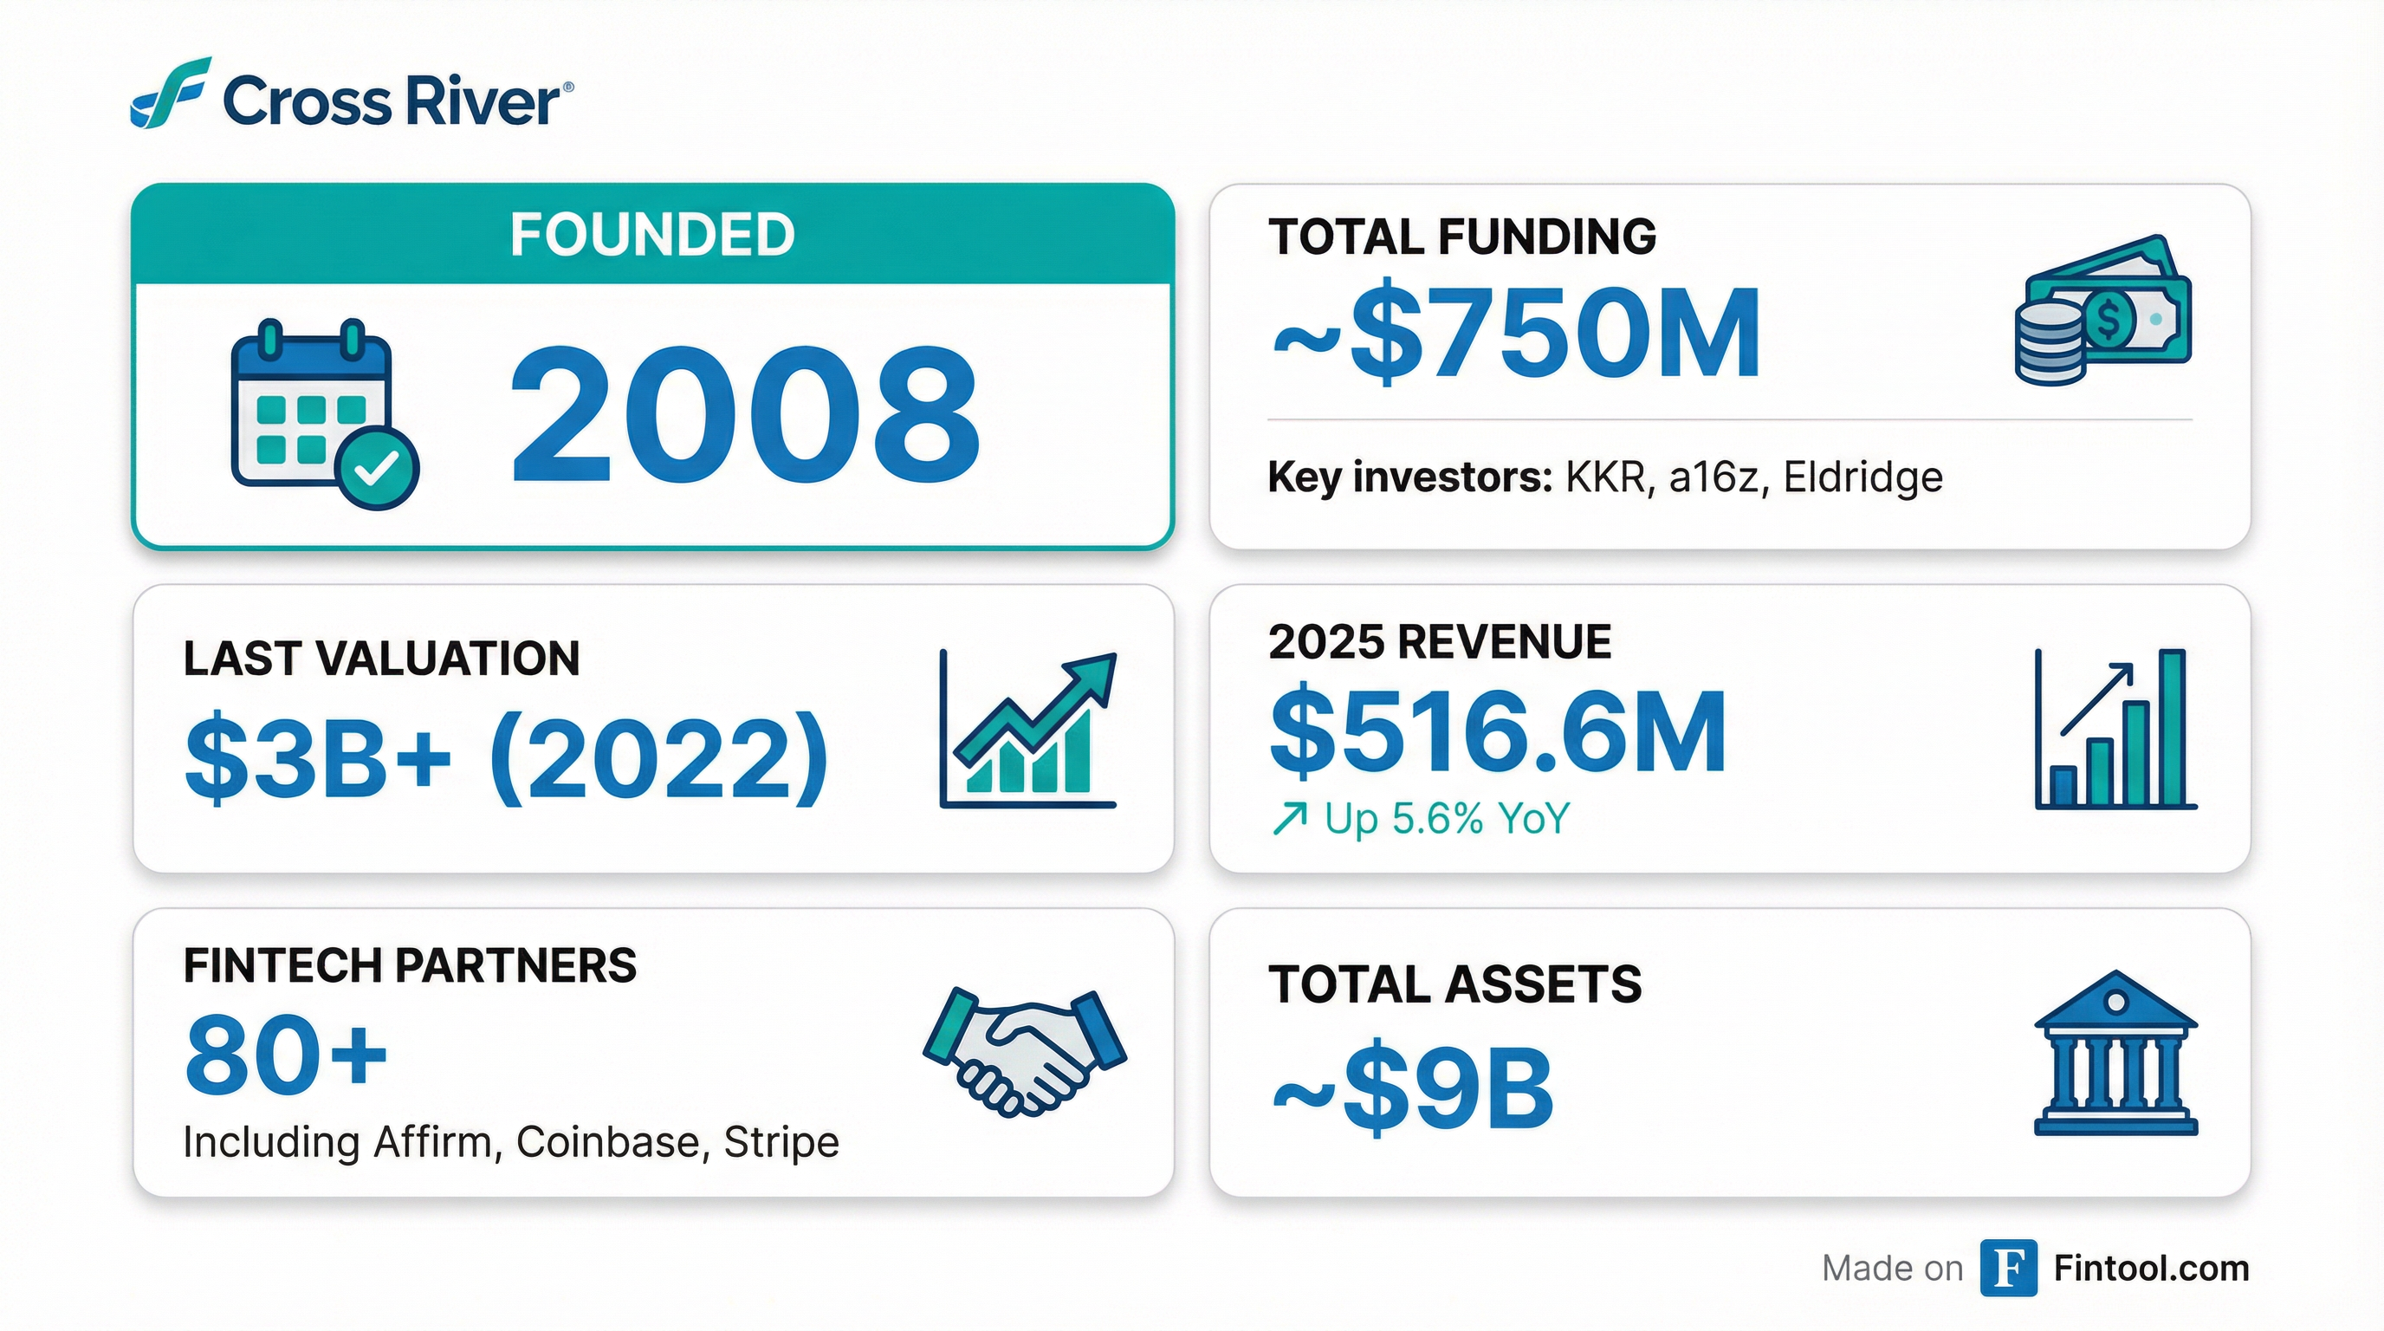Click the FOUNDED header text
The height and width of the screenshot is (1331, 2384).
coord(652,234)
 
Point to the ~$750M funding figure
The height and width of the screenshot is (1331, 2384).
coord(1516,334)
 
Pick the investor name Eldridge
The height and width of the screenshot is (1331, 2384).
coord(1862,477)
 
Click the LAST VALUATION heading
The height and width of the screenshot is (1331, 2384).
coord(381,659)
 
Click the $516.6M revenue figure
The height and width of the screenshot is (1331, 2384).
coord(1498,731)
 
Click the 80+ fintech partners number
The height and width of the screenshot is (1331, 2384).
coord(285,1054)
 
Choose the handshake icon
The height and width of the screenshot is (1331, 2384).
coord(1025,1052)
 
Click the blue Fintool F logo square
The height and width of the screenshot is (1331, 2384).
coord(2008,1268)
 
